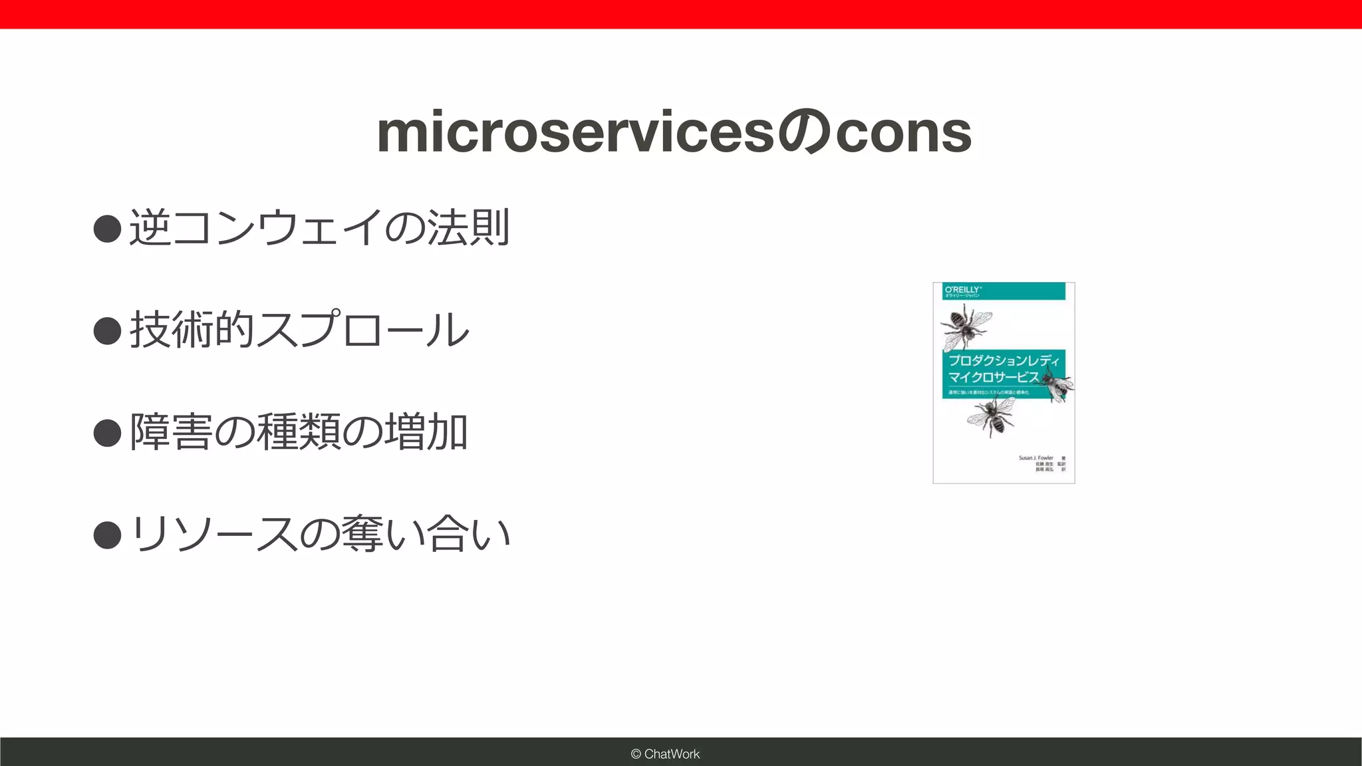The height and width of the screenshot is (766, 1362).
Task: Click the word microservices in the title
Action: tap(576, 133)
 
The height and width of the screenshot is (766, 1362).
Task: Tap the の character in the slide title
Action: tap(805, 133)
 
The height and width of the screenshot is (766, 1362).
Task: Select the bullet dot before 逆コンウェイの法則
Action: tap(107, 229)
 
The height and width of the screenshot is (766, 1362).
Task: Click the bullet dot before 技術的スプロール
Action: tap(107, 330)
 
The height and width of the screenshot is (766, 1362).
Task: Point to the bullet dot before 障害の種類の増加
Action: tap(107, 433)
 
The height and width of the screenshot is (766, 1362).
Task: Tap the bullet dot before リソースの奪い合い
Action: tap(107, 535)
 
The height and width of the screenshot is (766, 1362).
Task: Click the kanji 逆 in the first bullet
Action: tap(150, 228)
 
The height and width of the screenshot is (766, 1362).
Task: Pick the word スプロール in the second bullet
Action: tap(362, 330)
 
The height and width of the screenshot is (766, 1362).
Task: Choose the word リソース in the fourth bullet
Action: tap(213, 535)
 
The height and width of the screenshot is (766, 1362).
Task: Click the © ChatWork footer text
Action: tap(665, 754)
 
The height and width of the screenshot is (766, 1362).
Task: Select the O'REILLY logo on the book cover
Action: tap(962, 290)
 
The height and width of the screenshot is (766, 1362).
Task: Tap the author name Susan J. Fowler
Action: tap(1035, 458)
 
